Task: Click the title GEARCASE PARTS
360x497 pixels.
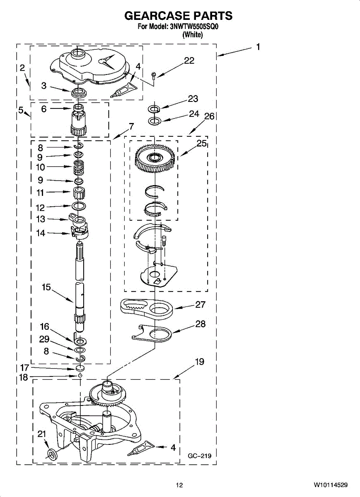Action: (178, 16)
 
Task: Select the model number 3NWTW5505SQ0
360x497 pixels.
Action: (194, 27)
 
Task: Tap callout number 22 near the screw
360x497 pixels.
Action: (189, 60)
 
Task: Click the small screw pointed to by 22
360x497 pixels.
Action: (153, 75)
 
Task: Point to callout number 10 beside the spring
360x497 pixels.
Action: (41, 167)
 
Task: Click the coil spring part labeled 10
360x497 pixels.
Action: (79, 167)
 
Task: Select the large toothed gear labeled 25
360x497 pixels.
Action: (155, 159)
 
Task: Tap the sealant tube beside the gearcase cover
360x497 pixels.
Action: (124, 89)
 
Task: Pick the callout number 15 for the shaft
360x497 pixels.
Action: (46, 287)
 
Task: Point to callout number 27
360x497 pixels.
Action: (201, 305)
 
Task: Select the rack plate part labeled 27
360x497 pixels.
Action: (147, 309)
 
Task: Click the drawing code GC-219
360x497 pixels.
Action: (200, 456)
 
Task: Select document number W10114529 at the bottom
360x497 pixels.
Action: (331, 485)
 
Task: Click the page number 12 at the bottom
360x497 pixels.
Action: (179, 485)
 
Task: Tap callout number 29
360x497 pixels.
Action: (44, 339)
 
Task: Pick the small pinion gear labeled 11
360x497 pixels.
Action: (79, 192)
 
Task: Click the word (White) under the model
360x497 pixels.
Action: (193, 35)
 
